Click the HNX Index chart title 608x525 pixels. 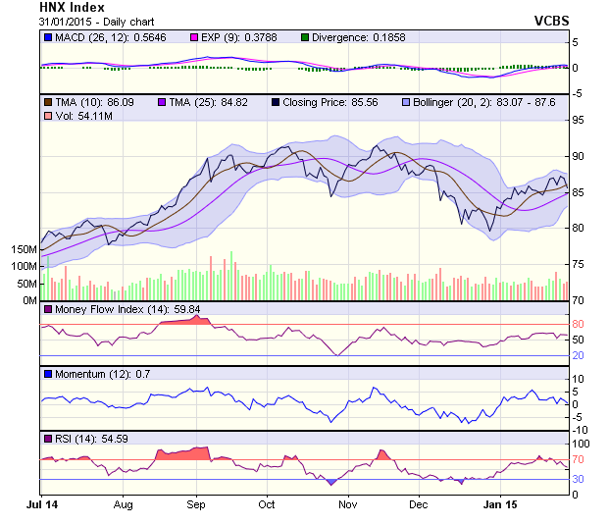(72, 7)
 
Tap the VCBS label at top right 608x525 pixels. (551, 21)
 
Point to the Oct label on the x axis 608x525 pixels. (267, 504)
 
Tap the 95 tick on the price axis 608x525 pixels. (579, 121)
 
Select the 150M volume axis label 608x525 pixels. (21, 250)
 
